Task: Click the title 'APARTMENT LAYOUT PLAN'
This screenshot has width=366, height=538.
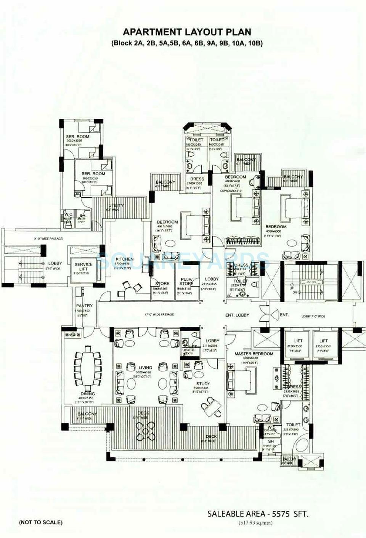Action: pos(186,32)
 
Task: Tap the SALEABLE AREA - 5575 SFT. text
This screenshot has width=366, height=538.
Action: pos(257,514)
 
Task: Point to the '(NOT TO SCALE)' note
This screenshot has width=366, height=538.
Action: pos(41,522)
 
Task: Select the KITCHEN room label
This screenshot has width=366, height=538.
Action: pos(124,259)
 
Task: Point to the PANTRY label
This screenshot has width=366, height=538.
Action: pos(84,306)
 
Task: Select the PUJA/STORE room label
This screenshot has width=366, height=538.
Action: pos(186,281)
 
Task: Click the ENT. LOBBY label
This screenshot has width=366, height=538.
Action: pos(237,315)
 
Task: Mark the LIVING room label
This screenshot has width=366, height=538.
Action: pos(145,368)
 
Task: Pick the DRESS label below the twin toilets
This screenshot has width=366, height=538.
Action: pos(197,179)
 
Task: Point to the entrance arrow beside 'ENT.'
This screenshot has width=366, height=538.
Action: pos(275,315)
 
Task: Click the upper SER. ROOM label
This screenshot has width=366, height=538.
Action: pos(77,136)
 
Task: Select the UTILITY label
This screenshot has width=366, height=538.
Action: pos(116,205)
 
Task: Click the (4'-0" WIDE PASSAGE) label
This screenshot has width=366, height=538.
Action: pos(47,239)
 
